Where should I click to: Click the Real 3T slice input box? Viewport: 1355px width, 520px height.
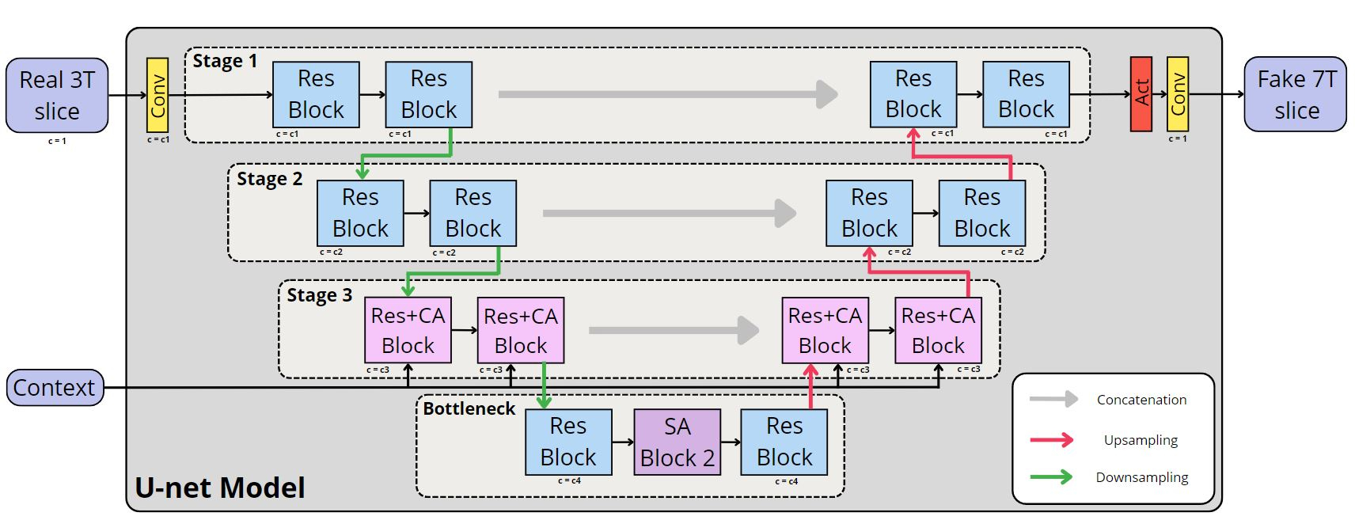[57, 95]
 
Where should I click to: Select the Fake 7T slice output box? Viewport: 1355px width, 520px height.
[1296, 94]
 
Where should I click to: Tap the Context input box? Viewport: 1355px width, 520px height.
[55, 388]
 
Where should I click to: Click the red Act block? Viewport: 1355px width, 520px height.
[1141, 93]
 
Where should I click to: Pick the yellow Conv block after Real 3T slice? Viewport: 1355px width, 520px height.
[158, 95]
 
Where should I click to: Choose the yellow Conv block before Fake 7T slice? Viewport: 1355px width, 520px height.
[1178, 93]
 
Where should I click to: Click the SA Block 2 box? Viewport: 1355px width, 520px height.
[677, 442]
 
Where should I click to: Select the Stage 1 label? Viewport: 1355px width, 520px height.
[225, 61]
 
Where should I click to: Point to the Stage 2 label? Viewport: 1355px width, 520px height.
[269, 179]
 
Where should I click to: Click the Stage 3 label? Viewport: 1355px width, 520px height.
[319, 295]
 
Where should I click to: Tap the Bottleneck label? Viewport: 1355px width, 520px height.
[469, 408]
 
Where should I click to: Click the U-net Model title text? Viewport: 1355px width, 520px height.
[220, 488]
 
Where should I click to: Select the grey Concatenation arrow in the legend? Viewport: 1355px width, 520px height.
[1053, 400]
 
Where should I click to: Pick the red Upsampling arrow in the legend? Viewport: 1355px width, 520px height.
[1052, 440]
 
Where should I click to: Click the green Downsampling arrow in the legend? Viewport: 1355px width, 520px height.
[1052, 477]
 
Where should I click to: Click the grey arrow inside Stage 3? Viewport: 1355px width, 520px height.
[674, 330]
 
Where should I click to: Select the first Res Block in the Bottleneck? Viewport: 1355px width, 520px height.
[568, 442]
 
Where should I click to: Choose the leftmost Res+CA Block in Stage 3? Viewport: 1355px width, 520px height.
[408, 330]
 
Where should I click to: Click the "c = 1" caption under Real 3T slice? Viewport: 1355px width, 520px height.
[57, 141]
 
